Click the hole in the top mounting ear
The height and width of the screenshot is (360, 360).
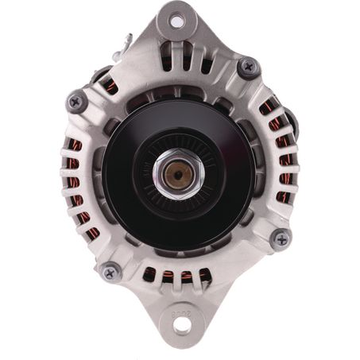click(x=176, y=22)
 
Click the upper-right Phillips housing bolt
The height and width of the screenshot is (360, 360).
click(x=249, y=67)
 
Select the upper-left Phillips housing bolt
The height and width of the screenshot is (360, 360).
click(x=77, y=101)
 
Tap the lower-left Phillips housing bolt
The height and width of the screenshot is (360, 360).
click(x=111, y=271)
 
